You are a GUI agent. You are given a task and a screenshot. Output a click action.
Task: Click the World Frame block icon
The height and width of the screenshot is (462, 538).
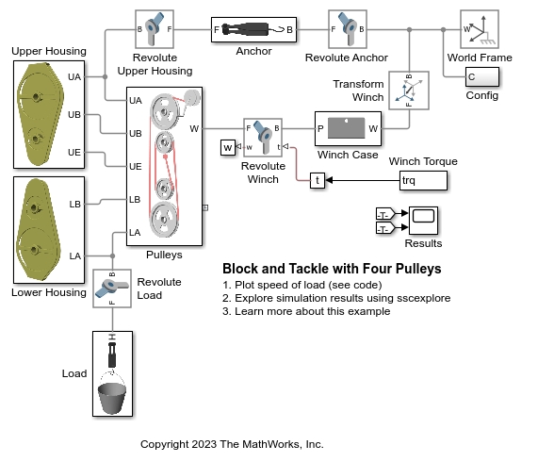click(x=480, y=29)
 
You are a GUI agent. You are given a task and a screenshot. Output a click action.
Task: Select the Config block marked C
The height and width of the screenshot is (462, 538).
click(x=482, y=76)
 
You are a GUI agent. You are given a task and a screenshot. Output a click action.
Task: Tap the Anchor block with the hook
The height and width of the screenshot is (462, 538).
click(x=253, y=29)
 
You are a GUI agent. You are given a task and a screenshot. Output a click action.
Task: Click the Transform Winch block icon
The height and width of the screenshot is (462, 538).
click(x=409, y=91)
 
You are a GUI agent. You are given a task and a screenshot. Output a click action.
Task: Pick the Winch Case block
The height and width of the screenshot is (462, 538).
click(x=348, y=129)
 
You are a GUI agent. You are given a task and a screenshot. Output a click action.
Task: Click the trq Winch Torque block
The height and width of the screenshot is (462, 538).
click(x=423, y=180)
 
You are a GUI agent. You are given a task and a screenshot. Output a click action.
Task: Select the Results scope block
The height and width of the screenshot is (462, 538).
click(x=423, y=221)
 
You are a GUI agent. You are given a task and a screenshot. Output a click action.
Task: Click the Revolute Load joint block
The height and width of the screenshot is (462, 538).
click(x=112, y=289)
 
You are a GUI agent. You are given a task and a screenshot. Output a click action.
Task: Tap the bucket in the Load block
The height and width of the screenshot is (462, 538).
click(x=112, y=398)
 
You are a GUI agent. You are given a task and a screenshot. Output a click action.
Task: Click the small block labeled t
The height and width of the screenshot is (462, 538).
click(x=318, y=180)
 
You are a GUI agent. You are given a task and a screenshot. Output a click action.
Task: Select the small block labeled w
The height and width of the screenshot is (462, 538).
click(x=228, y=148)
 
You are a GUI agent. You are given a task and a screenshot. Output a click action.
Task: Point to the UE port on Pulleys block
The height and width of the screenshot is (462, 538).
click(x=135, y=167)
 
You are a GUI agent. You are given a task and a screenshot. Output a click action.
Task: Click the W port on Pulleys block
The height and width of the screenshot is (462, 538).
click(x=194, y=129)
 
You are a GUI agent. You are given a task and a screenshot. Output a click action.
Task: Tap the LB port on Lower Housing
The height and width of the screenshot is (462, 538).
click(x=74, y=205)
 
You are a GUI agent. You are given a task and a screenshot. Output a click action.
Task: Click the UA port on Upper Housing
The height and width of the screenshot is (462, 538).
click(x=74, y=77)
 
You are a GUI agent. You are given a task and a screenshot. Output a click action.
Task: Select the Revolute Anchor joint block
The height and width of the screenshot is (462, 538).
click(x=348, y=29)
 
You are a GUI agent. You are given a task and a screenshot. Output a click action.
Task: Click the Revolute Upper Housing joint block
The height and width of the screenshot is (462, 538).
click(x=155, y=29)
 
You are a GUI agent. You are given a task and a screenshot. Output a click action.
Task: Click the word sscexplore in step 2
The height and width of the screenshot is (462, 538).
click(x=423, y=298)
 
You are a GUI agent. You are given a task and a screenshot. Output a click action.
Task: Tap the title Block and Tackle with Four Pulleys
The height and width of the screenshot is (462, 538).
click(x=332, y=269)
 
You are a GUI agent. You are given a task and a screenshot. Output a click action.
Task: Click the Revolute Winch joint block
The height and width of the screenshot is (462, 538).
click(x=263, y=138)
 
